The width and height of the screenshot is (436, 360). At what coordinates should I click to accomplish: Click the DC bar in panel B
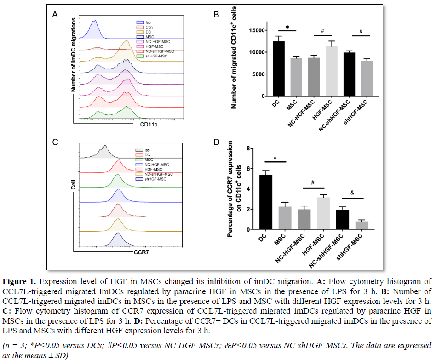click(278, 69)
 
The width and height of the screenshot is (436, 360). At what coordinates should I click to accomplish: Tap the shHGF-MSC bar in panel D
click(361, 225)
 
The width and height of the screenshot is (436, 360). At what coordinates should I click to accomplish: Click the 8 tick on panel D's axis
click(260, 149)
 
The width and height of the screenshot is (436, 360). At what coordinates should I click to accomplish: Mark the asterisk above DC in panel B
click(287, 28)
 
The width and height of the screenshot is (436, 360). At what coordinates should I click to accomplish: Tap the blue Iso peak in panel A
click(94, 28)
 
